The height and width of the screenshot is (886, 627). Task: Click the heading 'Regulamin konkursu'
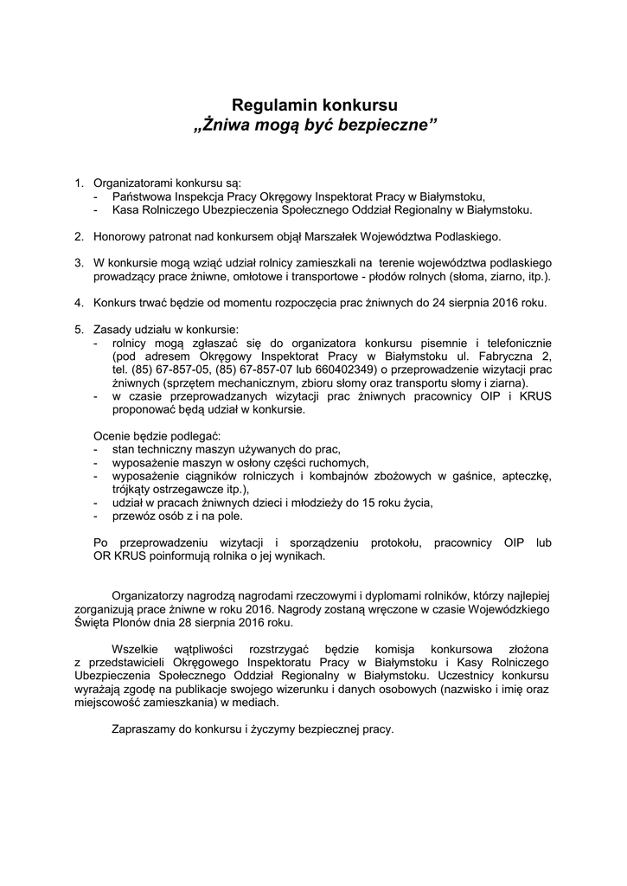point(315,106)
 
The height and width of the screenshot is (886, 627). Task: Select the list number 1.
point(78,183)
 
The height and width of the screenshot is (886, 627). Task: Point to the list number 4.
point(78,304)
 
